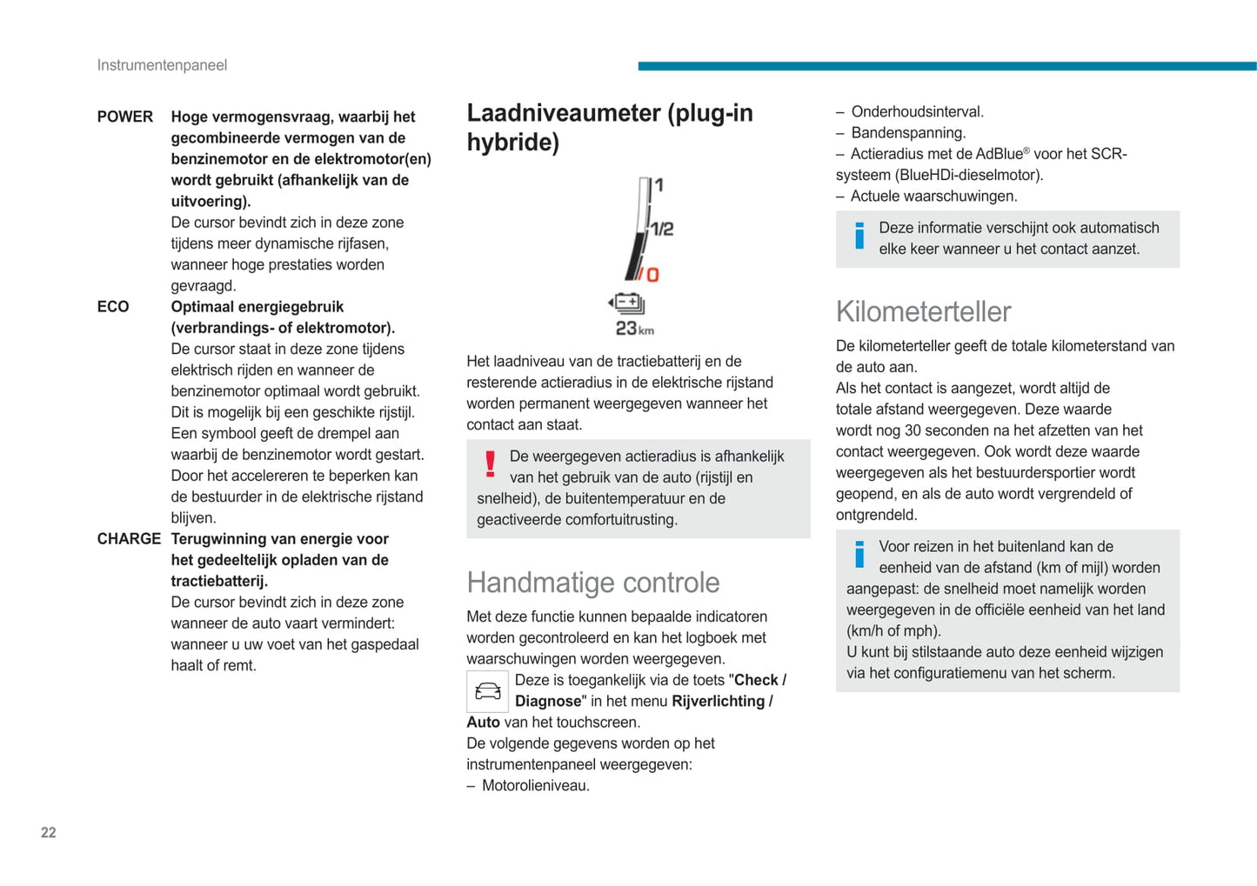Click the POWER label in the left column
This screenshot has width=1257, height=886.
click(124, 117)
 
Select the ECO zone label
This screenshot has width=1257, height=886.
click(113, 307)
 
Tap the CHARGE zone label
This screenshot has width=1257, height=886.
click(129, 539)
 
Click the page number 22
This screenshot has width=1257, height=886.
click(49, 833)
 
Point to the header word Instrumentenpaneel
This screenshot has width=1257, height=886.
click(162, 65)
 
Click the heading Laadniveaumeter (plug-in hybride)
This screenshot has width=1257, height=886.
click(610, 127)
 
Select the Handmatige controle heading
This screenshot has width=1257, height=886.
click(593, 583)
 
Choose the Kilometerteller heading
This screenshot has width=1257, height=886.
click(923, 311)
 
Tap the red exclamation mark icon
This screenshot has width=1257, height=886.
click(491, 464)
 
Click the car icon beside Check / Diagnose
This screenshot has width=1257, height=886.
click(487, 692)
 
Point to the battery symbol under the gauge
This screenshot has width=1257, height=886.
click(627, 303)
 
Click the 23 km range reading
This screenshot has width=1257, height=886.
click(634, 329)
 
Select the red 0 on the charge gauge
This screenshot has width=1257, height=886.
click(652, 275)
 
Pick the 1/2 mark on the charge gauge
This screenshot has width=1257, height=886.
click(663, 230)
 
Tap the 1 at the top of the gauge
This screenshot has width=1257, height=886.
click(659, 185)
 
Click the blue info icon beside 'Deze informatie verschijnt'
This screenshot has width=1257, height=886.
click(859, 236)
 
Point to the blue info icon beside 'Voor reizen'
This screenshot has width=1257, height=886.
click(859, 554)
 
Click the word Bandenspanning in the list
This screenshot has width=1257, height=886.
click(908, 133)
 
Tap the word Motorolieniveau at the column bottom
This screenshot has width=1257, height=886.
click(535, 786)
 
